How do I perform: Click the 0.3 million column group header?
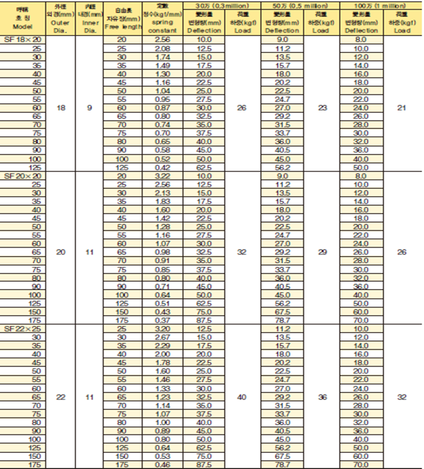(222, 6)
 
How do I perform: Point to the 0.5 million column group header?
(301, 6)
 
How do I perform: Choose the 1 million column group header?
(381, 6)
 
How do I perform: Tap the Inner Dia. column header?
(90, 22)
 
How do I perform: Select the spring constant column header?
(163, 22)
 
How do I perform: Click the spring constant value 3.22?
(162, 176)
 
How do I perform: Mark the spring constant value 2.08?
(162, 48)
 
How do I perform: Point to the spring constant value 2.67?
(162, 337)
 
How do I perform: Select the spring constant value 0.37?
(162, 320)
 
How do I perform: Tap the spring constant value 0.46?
(162, 465)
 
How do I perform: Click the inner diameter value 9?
(89, 108)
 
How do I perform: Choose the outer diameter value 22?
(61, 397)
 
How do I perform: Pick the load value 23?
(322, 108)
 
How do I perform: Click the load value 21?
(402, 108)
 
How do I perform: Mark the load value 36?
(322, 397)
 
